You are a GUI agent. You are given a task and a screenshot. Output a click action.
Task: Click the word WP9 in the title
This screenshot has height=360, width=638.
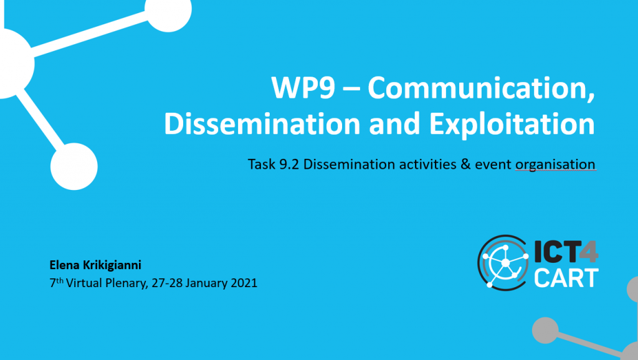click(303, 88)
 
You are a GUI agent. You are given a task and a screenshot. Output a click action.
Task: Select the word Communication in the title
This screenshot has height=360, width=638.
click(482, 88)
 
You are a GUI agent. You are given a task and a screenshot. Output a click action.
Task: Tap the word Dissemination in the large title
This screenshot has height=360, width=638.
click(262, 124)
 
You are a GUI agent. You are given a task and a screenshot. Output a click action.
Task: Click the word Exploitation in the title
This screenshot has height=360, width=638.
click(512, 125)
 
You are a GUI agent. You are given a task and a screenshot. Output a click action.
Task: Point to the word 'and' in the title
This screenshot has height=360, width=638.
click(394, 124)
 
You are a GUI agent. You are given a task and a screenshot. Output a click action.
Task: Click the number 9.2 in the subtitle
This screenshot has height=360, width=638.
click(289, 164)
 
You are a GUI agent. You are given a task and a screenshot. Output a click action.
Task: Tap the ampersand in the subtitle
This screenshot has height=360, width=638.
click(465, 164)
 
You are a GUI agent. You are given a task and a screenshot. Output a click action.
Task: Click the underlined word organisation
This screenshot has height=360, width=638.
click(555, 165)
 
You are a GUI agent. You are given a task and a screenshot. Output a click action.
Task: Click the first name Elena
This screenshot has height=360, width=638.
click(64, 265)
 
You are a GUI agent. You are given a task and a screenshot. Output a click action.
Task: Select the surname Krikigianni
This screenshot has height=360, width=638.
click(112, 265)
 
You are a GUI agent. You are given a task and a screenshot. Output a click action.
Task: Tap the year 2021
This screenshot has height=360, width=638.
click(244, 283)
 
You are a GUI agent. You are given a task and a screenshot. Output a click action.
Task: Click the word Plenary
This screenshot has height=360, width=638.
click(126, 283)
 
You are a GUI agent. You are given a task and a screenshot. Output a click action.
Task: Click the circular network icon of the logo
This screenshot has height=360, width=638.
click(503, 263)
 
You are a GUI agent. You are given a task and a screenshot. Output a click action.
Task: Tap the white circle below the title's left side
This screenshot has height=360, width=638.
click(74, 166)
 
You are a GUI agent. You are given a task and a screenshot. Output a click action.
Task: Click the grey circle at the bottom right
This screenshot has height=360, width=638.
click(545, 330)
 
